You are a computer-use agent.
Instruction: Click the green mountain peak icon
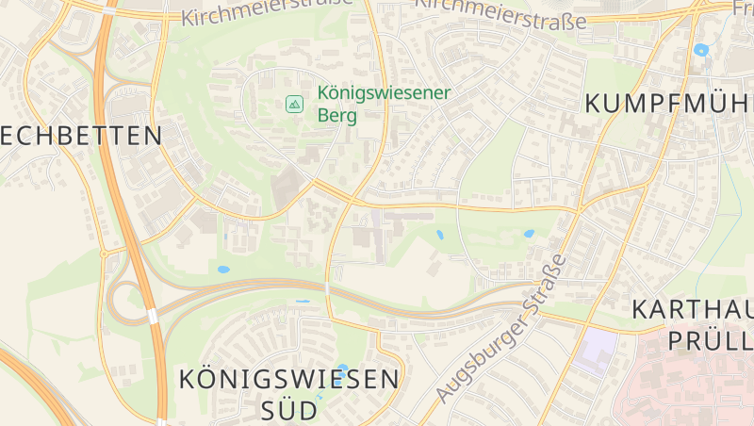click(294, 104)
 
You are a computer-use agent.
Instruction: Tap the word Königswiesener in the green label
click(385, 93)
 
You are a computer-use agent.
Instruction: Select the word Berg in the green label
click(337, 116)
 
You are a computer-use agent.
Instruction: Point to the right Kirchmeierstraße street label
click(500, 13)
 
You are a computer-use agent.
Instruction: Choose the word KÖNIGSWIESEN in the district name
click(288, 380)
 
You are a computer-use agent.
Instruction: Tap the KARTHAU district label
click(692, 309)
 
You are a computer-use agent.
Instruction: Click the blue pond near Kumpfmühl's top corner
click(700, 50)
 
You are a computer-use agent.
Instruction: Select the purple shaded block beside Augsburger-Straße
click(595, 350)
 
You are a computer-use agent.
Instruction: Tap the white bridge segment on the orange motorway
click(153, 315)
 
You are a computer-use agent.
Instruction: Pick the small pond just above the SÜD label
click(341, 369)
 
